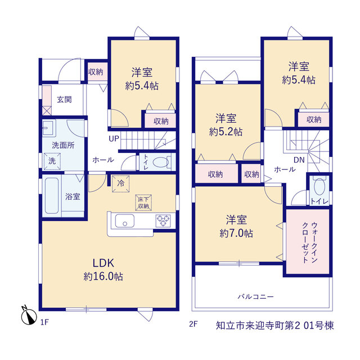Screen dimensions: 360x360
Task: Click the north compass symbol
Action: [29, 316]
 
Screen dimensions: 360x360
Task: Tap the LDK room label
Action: [103, 263]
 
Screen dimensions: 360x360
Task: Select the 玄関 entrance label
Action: [64, 100]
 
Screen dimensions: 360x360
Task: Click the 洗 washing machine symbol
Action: [52, 161]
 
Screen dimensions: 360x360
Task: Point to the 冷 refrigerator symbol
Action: [120, 184]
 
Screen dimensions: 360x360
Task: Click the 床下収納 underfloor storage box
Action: [143, 202]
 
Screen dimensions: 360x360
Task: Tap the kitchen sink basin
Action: [125, 221]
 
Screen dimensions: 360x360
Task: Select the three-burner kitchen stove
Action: [163, 221]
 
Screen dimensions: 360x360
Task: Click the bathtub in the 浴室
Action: [52, 196]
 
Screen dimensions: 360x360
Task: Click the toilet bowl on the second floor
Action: [319, 186]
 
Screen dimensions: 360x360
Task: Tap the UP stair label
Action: [114, 139]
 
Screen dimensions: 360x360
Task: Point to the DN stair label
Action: [299, 160]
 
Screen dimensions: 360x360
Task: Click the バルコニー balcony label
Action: [255, 297]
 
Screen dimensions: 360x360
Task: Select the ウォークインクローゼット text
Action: [310, 242]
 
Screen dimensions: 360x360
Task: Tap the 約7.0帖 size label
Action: [236, 233]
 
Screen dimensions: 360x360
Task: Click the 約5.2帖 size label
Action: [226, 132]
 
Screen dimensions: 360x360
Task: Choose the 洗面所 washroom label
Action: [63, 145]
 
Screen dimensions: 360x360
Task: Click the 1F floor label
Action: [44, 322]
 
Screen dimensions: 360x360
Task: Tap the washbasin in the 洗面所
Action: [49, 128]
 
